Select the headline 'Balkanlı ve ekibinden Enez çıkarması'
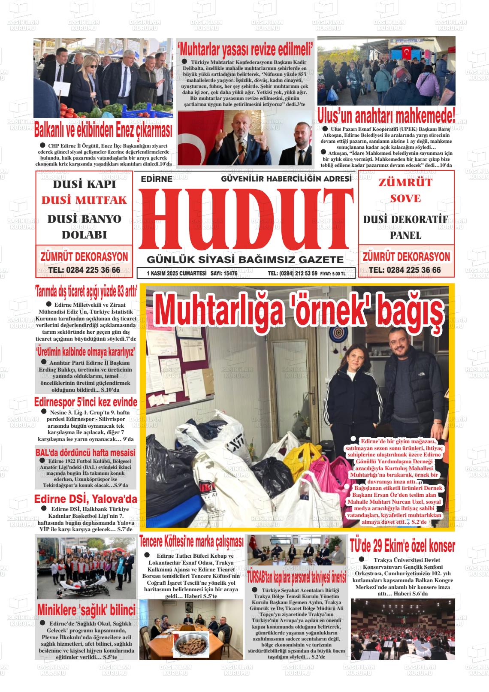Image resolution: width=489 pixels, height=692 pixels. coord(103,129)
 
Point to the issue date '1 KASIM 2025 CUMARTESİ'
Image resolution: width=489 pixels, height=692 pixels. coord(176,273)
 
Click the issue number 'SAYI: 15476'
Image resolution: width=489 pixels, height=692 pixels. coord(224,273)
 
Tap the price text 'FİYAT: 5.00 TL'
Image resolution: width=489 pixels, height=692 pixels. coord(332,273)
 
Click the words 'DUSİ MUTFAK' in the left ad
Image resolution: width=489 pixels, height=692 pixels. coord(84,200)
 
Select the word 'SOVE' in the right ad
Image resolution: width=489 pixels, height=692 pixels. coord(405,199)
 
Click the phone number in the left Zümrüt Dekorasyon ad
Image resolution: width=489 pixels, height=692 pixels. coord(84,270)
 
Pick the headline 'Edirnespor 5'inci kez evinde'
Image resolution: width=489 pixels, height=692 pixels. coord(86,402)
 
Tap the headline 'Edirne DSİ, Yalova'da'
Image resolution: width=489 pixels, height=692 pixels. coord(86,499)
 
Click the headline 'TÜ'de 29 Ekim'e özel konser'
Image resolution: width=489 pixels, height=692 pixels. coord(402,546)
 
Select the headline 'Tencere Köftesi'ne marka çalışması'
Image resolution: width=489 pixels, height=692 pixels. coord(191,541)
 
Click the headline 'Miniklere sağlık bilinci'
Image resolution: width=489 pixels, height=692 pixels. coord(86,610)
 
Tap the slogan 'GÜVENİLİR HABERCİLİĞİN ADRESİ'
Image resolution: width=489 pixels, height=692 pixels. coord(286,178)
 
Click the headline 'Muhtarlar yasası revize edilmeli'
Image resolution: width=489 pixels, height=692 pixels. coord(245,49)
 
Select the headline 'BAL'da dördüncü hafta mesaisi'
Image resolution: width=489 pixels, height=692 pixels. coord(85,452)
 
